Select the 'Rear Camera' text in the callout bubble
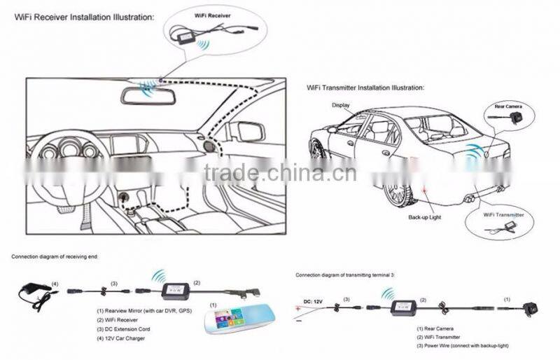(507, 106)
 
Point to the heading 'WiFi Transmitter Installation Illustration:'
(365, 88)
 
